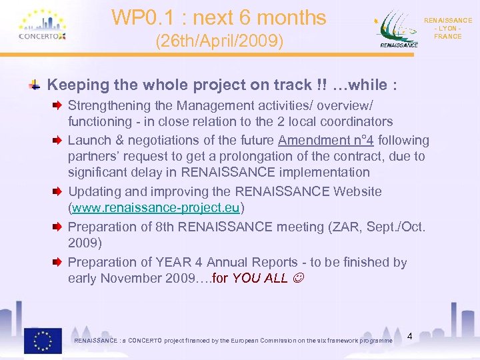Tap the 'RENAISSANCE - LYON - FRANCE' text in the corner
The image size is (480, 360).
(x=447, y=29)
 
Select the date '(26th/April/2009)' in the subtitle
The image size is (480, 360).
(x=219, y=42)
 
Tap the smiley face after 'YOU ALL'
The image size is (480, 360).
(x=298, y=278)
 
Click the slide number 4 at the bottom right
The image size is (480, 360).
(x=410, y=336)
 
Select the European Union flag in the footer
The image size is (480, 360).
(x=43, y=340)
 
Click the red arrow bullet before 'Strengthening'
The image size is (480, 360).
(x=58, y=105)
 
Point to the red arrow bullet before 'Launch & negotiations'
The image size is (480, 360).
(x=58, y=140)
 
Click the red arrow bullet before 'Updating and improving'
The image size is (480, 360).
(x=58, y=191)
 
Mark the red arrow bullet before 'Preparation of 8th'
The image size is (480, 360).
(x=58, y=227)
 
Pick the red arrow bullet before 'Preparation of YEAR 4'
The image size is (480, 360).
(x=58, y=262)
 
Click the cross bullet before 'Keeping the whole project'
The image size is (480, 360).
(x=34, y=85)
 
